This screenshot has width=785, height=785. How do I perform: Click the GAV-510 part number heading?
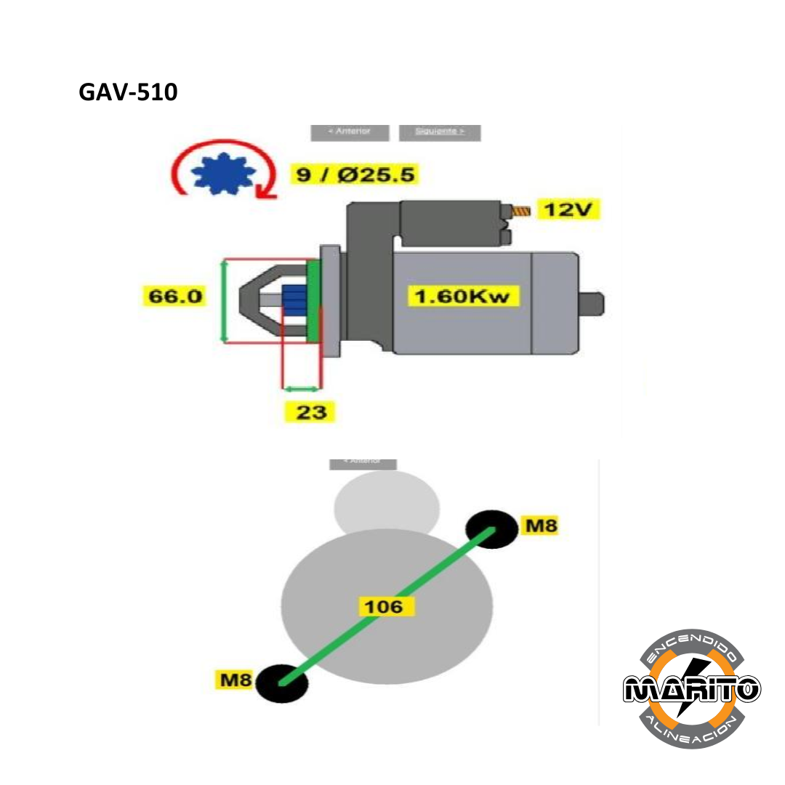tap(128, 92)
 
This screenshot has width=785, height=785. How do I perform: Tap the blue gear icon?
tap(222, 175)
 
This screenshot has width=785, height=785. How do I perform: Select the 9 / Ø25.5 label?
tap(356, 175)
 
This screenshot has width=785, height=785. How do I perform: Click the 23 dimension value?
tap(311, 412)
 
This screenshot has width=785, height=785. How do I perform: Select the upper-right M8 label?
tap(542, 525)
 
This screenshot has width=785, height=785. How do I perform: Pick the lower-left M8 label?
tap(236, 680)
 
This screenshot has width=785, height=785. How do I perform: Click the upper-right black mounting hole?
tap(492, 528)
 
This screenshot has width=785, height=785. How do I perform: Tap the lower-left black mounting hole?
tap(283, 683)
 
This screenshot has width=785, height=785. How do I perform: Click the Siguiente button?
tap(440, 132)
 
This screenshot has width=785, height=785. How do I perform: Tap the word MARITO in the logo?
tap(691, 688)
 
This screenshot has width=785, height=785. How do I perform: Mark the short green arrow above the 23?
tap(301, 389)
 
